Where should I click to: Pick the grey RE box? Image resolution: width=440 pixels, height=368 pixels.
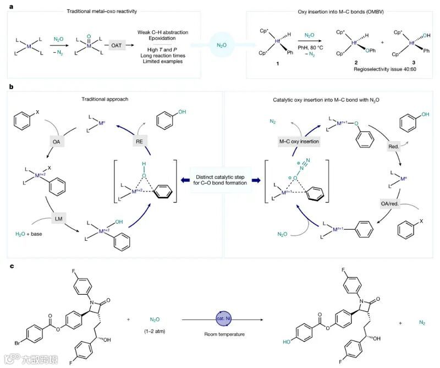[140, 141]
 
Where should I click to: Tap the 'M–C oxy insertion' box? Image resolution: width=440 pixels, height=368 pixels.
[300, 141]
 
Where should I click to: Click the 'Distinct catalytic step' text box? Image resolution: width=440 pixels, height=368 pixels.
[220, 180]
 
